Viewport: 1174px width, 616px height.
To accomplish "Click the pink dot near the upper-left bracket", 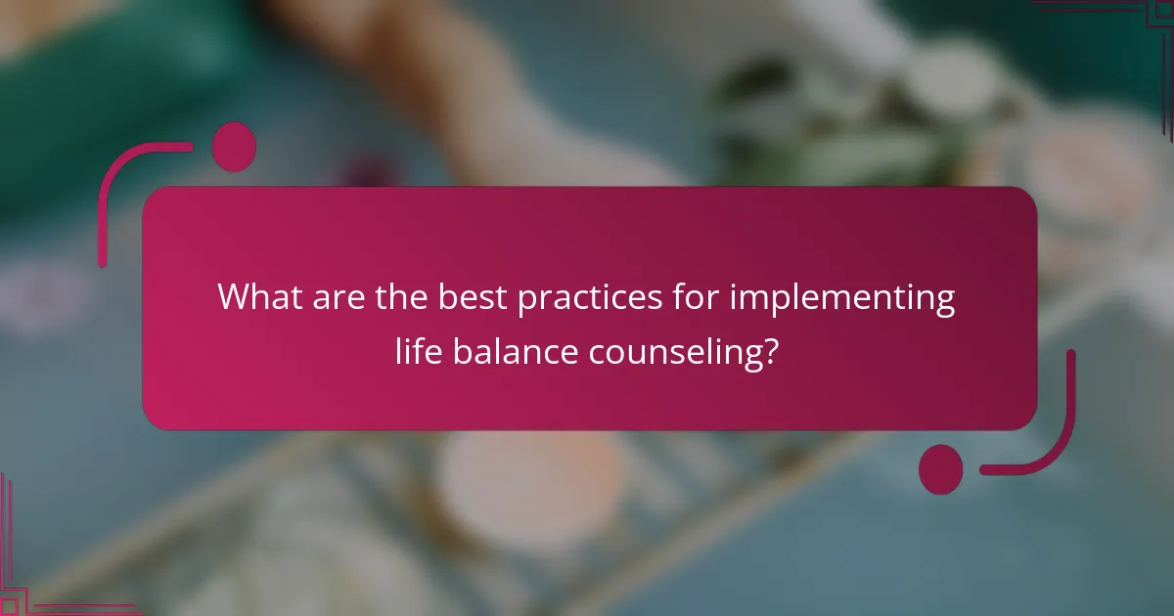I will [x=234, y=147].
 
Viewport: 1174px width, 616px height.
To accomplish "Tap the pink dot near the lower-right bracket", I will [x=940, y=468].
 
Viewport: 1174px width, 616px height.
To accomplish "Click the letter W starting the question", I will [x=233, y=296].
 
